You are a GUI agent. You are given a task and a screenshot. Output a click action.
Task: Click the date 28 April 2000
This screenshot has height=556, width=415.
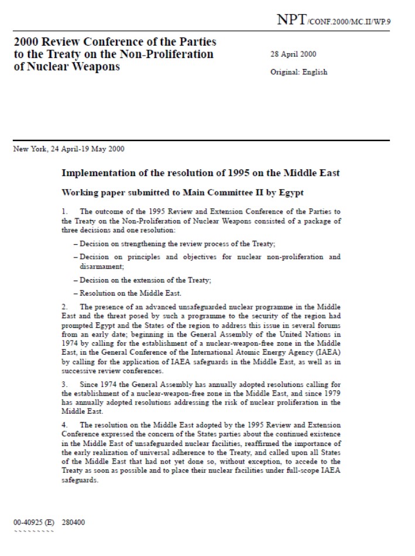click(293, 54)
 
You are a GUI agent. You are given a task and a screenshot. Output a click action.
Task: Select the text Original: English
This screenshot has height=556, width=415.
click(299, 72)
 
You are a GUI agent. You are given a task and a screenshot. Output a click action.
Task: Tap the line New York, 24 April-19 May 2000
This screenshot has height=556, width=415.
click(68, 149)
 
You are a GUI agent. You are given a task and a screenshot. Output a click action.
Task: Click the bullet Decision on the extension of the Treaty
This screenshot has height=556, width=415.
click(142, 280)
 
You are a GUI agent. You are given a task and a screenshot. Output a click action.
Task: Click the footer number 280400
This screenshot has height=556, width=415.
click(73, 522)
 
